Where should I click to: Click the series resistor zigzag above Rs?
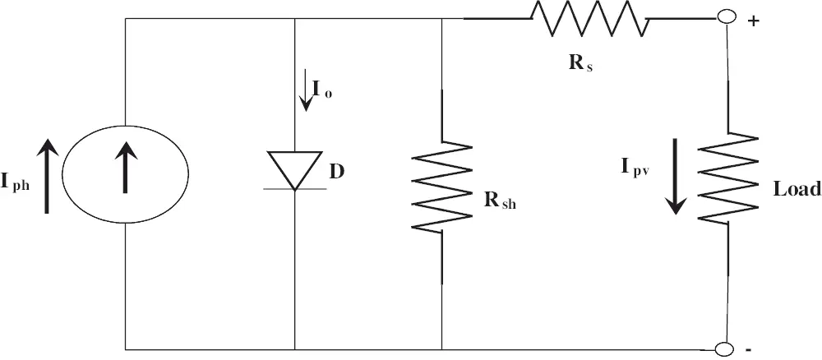coord(589,18)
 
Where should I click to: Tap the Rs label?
coord(580,63)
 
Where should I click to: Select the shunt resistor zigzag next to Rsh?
coord(442,186)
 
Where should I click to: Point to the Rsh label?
coord(500,201)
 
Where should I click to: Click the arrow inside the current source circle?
coord(125,168)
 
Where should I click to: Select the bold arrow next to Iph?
coord(47,176)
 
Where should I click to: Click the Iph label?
coord(15,183)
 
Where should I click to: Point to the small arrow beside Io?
coord(306,97)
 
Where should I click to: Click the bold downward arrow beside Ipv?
coord(677,177)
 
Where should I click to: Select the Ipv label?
coord(635,168)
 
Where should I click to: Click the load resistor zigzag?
coord(727,178)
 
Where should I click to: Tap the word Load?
coord(797,189)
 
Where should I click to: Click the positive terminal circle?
coord(726,17)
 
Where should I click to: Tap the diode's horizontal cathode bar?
coord(294,189)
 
